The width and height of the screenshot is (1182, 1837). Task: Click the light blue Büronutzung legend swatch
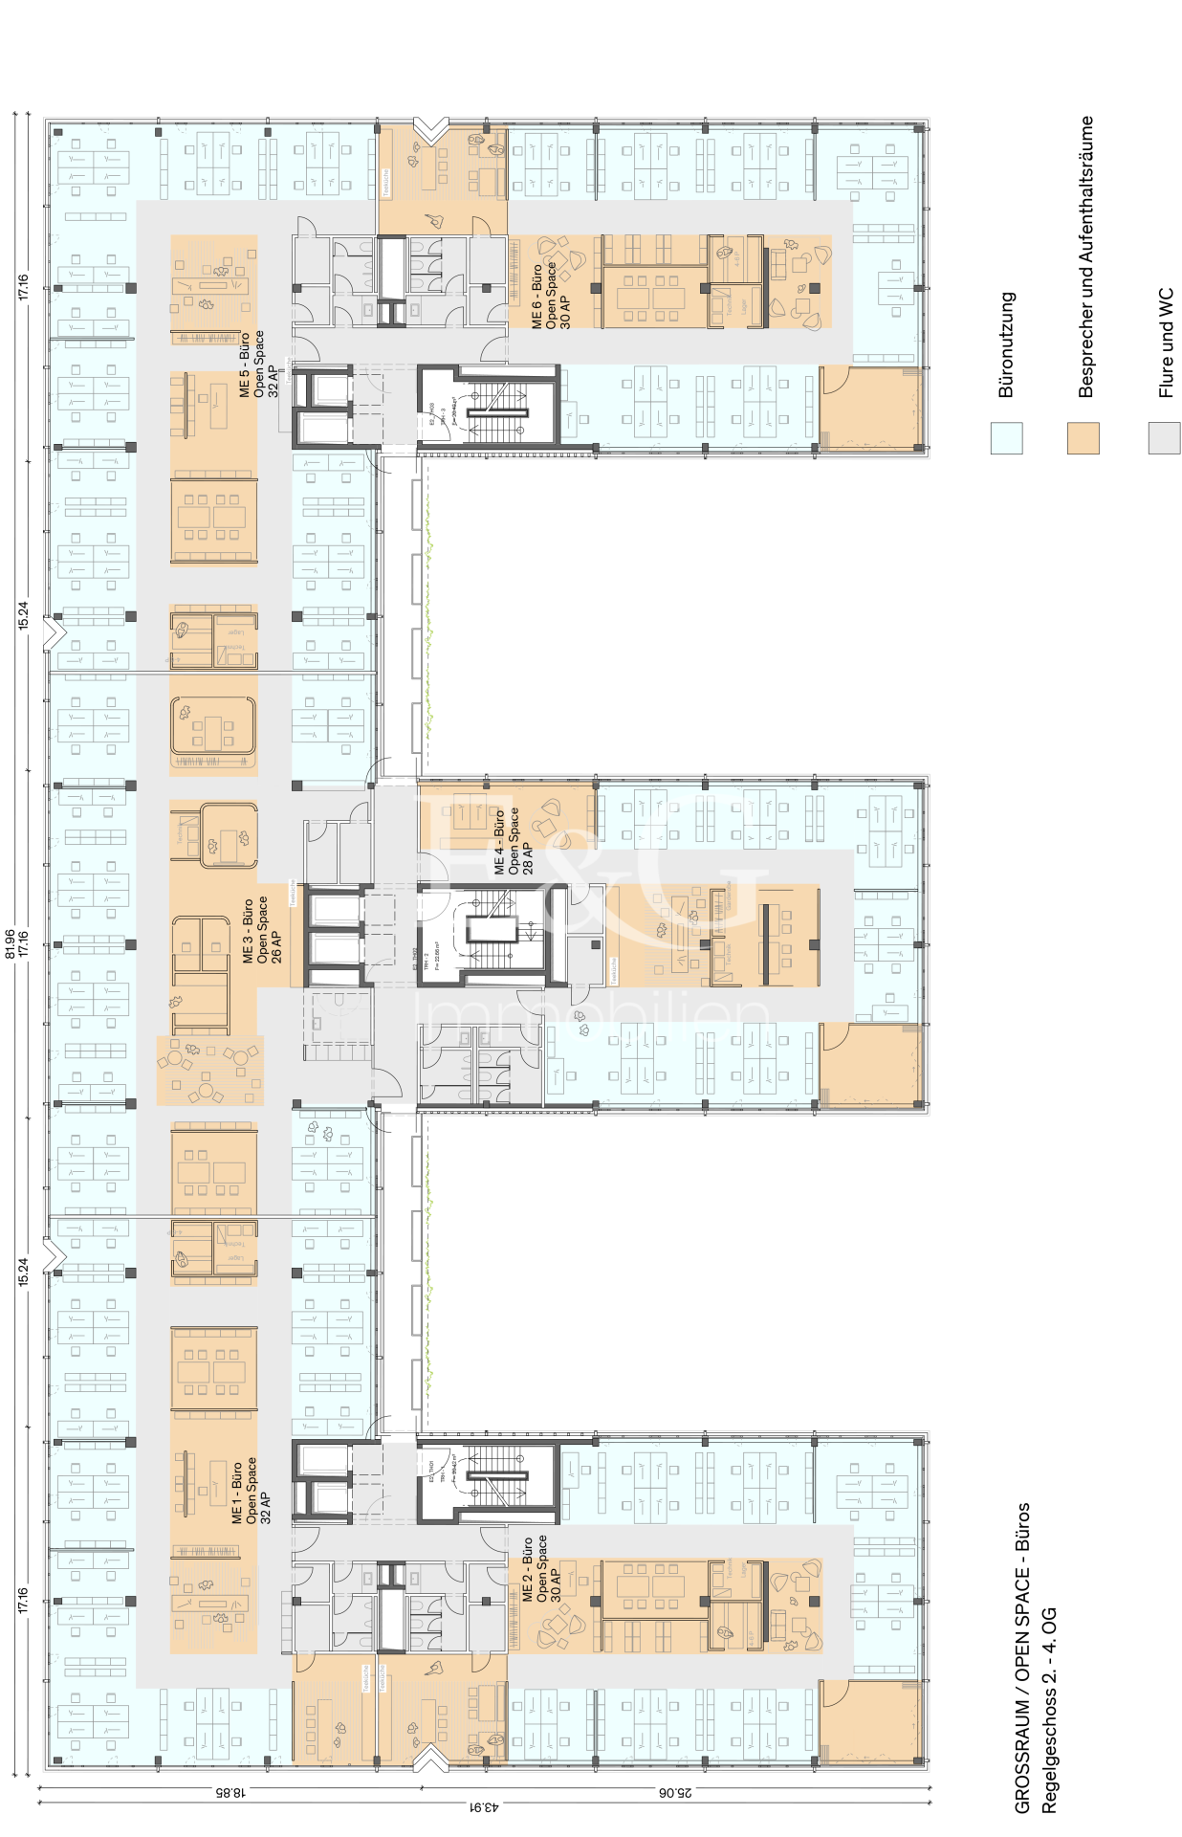pos(1006,438)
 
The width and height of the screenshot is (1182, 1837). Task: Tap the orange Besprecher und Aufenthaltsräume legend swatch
pos(1083,438)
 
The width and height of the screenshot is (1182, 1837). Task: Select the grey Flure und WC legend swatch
pos(1164,438)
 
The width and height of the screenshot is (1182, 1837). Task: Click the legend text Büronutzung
pos(1006,344)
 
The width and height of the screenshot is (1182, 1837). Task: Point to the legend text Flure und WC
pos(1165,343)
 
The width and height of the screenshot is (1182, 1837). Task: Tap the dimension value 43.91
pos(484,1807)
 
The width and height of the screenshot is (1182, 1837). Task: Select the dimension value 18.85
pos(230,1792)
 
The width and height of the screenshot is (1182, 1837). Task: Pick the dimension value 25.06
pos(676,1792)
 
